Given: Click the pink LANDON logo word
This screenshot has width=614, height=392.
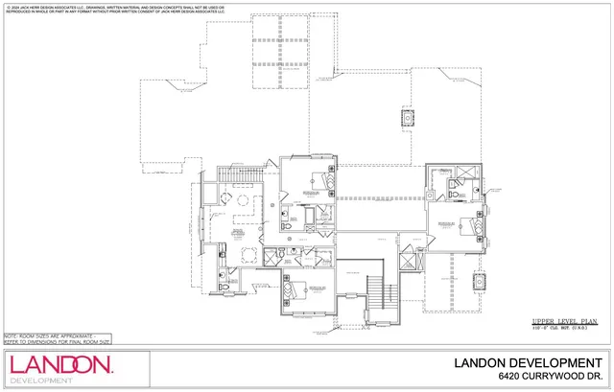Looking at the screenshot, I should (x=59, y=365).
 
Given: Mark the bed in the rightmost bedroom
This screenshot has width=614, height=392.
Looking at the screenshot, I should (x=470, y=227).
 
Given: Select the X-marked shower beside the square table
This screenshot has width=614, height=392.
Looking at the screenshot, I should (x=222, y=253).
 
